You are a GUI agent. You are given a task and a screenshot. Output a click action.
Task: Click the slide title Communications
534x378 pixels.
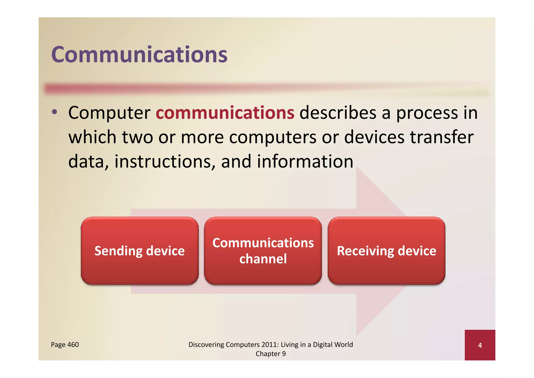click(139, 55)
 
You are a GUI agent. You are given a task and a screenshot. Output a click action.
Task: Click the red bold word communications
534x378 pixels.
click(225, 113)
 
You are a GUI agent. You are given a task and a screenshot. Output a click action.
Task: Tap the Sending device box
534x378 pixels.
click(139, 251)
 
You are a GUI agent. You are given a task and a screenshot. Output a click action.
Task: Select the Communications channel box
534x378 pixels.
click(263, 251)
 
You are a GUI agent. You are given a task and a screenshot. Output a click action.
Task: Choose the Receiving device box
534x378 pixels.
click(386, 251)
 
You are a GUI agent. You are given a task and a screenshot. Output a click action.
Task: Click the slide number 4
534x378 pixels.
click(480, 345)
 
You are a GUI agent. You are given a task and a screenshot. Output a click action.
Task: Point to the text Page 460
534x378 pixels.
click(65, 345)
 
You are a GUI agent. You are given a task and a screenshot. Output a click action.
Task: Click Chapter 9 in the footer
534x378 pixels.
click(271, 354)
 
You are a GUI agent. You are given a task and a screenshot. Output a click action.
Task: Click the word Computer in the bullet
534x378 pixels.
click(109, 113)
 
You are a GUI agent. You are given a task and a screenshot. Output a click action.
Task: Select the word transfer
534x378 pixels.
click(442, 137)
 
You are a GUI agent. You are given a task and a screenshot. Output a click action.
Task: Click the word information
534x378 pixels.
click(305, 161)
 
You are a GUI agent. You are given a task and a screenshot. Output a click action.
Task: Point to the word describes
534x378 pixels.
click(338, 113)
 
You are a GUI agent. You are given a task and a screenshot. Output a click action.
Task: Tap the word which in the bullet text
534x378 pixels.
click(92, 137)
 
